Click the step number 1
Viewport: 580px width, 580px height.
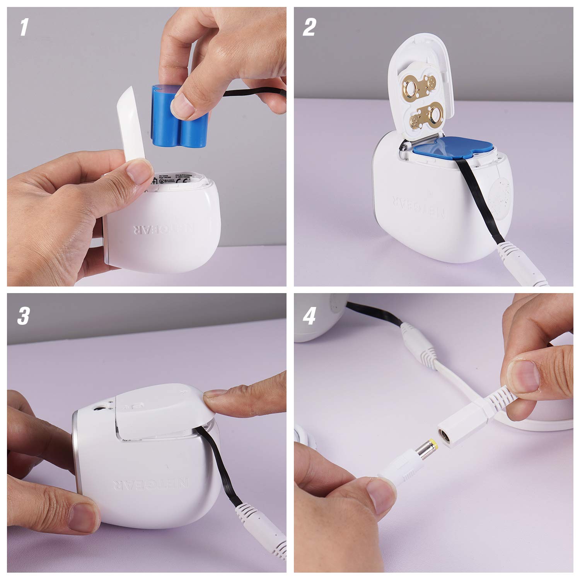point(24,28)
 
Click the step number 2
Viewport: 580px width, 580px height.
point(309,28)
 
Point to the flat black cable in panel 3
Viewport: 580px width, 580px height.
point(217,476)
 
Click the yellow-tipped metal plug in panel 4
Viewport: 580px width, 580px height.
point(425,450)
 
